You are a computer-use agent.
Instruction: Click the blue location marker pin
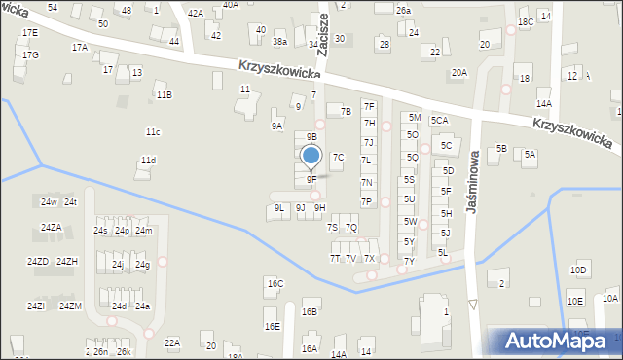311,156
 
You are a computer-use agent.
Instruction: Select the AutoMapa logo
554,341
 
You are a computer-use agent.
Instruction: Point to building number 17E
30,32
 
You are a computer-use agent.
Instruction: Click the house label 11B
164,94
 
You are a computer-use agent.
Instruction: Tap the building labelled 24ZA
51,228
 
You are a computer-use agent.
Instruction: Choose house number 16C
275,283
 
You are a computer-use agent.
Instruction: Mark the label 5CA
439,121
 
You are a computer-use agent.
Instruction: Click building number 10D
579,270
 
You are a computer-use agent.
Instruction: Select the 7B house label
345,112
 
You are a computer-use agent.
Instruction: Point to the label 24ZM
70,306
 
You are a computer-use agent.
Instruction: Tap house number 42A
196,13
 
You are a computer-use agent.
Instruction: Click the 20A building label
458,73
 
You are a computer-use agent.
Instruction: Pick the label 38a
279,42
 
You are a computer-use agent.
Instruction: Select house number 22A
171,342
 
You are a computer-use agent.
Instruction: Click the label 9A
277,126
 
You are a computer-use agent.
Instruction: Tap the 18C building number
525,21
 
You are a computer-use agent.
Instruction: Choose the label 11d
147,161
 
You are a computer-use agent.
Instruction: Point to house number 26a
403,10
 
